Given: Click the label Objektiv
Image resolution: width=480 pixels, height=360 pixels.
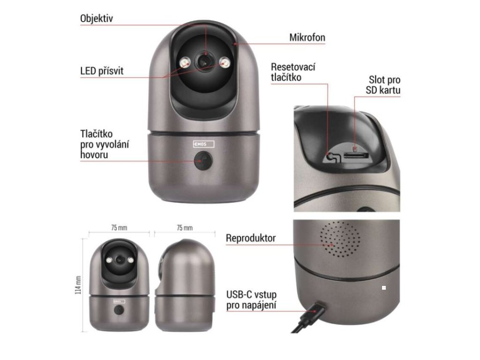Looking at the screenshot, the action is point(96,19).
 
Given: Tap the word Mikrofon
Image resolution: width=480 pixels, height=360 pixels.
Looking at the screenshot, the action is point(307,38).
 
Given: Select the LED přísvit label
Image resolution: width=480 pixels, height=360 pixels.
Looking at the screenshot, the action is point(102,72).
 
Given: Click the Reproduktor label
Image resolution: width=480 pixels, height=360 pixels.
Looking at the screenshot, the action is point(251,238).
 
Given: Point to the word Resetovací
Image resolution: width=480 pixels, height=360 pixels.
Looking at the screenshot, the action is point(293,67).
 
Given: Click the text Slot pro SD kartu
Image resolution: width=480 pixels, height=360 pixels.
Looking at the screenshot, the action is point(384,85).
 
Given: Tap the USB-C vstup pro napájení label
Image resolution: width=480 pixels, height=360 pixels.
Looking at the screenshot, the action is point(251,300).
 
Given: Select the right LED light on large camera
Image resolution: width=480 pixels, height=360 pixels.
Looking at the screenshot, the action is point(225,62).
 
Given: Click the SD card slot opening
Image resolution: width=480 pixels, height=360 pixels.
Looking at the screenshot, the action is point(356,155).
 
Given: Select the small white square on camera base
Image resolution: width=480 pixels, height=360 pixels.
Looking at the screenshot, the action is point(384,287).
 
